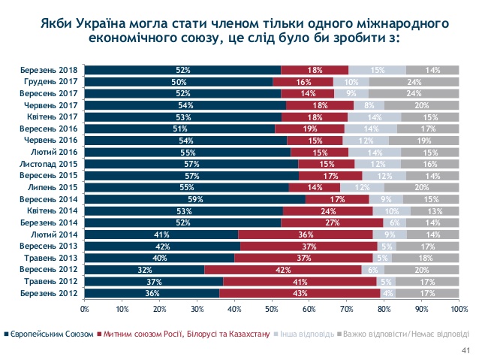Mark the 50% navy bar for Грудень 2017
178,80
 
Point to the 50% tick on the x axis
272,308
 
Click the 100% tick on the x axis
459,308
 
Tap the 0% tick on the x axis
85,308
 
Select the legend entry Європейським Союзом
50,333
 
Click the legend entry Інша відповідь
303,333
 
